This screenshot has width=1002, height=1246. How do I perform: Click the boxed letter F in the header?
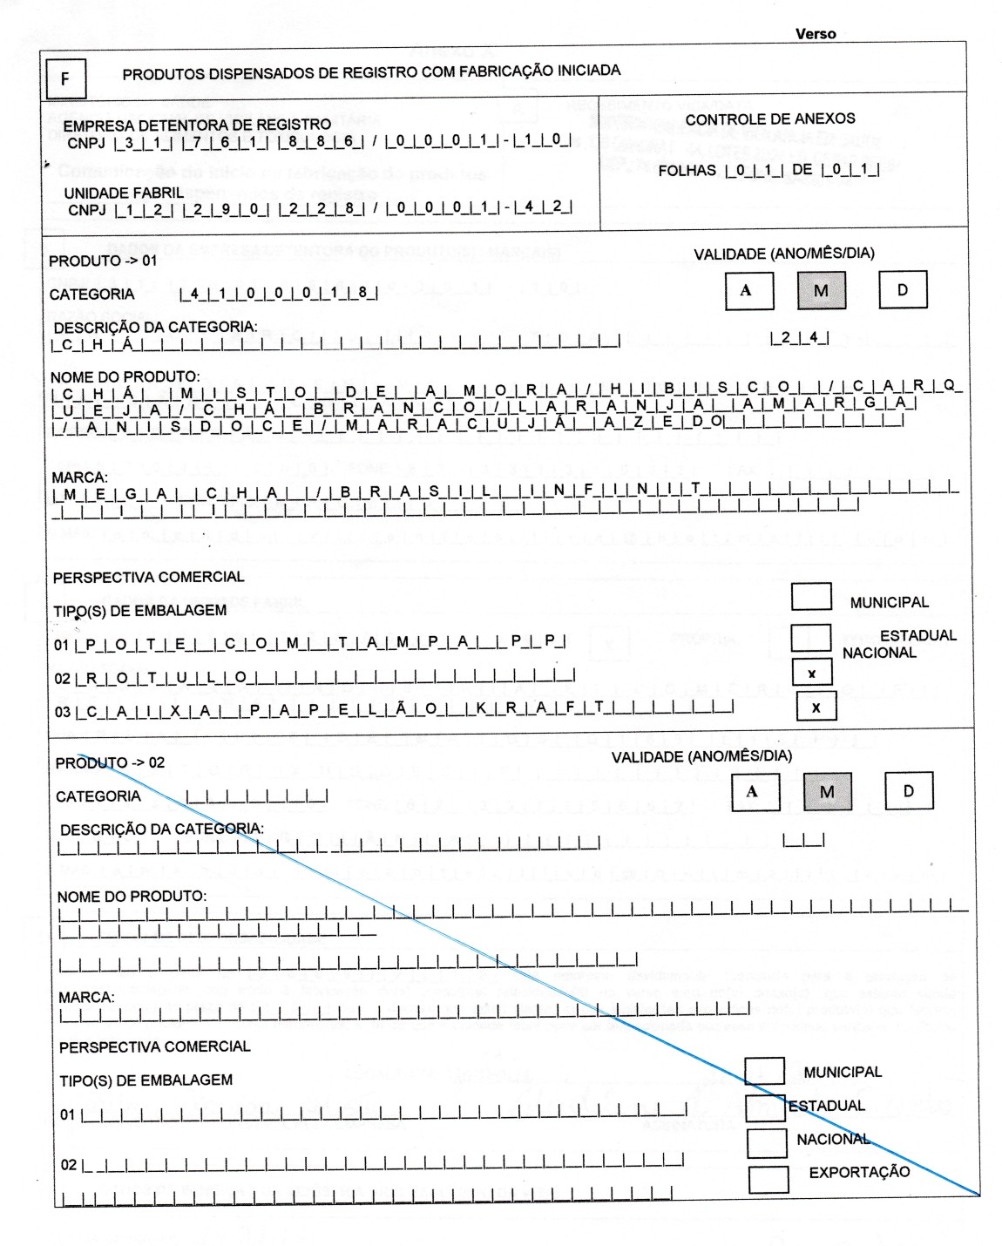64,80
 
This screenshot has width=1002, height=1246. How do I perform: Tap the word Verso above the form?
815,34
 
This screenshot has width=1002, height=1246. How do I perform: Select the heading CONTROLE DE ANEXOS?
769,119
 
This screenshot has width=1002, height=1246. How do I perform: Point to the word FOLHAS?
687,171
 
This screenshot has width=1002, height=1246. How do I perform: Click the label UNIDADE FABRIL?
124,193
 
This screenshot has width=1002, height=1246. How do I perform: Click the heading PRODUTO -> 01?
103,261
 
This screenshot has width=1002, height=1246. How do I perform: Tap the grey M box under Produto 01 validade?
821,291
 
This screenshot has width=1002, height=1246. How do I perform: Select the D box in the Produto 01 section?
903,290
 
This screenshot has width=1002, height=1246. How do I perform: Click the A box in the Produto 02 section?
752,792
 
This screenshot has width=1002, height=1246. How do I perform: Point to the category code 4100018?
279,295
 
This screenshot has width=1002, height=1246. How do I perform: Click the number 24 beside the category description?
800,337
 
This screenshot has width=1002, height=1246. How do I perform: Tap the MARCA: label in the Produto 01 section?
79,478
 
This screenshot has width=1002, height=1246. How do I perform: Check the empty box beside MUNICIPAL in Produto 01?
810,596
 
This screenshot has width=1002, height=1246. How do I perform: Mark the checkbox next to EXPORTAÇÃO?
768,1179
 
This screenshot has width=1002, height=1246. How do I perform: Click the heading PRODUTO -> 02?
110,762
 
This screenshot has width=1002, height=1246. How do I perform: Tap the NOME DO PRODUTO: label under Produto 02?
132,897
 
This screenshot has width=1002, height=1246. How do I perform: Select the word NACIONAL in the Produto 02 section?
833,1139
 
